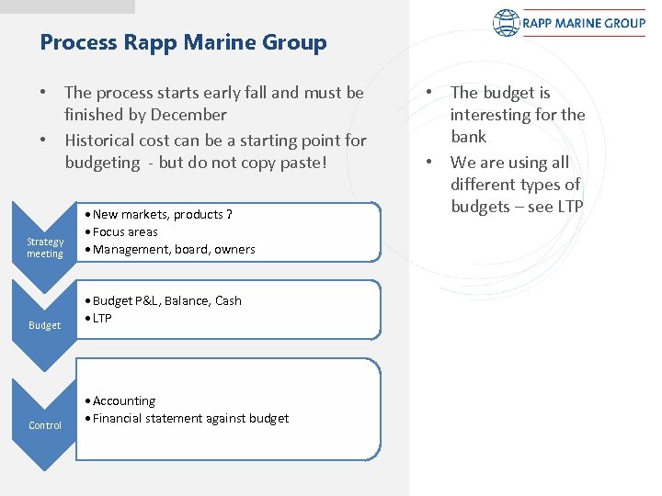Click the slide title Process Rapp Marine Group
183,43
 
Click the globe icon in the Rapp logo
507,23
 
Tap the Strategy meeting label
45,248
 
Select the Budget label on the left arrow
45,325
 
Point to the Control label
45,425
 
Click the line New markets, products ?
162,214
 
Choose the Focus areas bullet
125,231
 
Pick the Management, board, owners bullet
174,249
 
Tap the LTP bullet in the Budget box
102,318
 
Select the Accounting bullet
124,400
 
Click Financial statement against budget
190,418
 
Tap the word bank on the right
468,137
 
